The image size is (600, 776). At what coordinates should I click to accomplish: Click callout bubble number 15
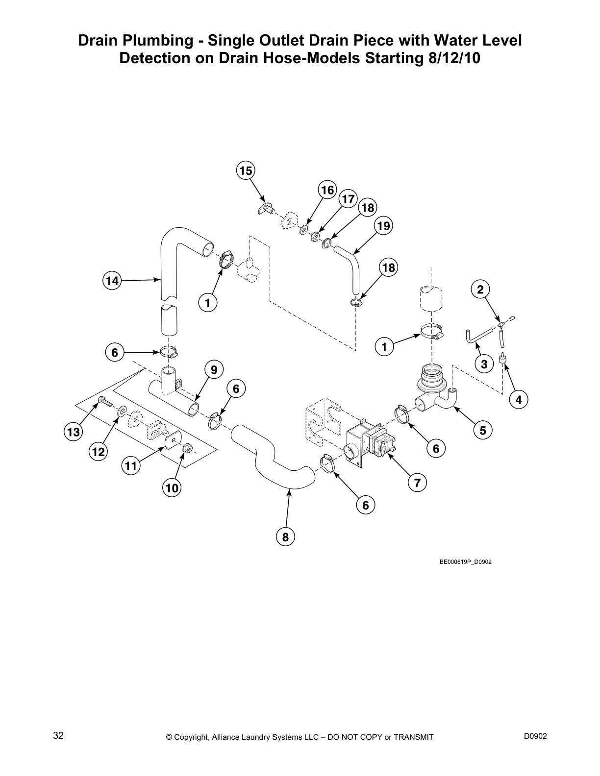(x=246, y=170)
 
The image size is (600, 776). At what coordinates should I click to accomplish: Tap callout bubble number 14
(x=112, y=281)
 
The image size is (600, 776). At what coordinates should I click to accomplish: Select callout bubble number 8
(x=285, y=537)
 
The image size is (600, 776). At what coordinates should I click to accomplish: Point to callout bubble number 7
(x=417, y=483)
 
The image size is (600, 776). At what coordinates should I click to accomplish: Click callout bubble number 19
(x=384, y=226)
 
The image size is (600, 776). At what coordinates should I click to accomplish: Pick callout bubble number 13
(x=73, y=432)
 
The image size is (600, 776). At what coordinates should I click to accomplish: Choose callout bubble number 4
(x=519, y=400)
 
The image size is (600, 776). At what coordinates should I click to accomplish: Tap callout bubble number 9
(x=214, y=369)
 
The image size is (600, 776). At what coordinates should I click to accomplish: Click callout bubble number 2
(x=480, y=290)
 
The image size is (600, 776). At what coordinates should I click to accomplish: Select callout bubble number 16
(x=327, y=190)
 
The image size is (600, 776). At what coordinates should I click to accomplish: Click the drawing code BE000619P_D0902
(x=465, y=562)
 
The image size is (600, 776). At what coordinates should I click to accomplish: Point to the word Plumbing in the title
(x=156, y=41)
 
